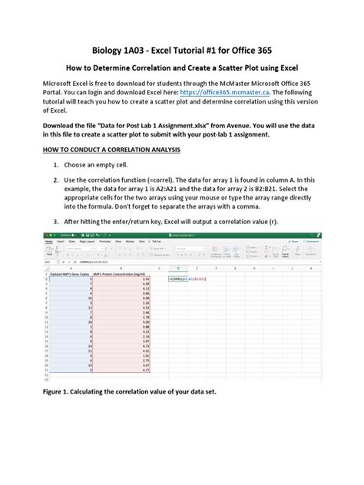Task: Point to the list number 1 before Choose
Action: pyautogui.click(x=55, y=164)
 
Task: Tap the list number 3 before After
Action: pyautogui.click(x=55, y=221)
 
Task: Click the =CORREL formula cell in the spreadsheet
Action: pyautogui.click(x=181, y=279)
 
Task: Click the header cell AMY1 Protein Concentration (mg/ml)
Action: pyautogui.click(x=120, y=272)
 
